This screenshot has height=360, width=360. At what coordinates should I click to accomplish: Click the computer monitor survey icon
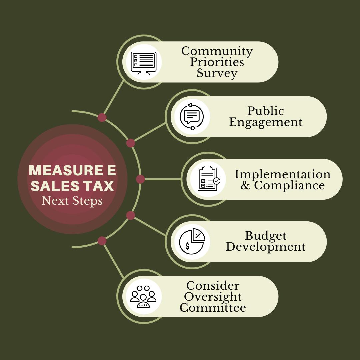pyautogui.click(x=143, y=62)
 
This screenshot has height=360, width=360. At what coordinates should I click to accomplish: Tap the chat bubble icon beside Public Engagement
pyautogui.click(x=191, y=117)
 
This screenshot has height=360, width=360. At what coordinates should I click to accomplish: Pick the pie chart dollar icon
pyautogui.click(x=192, y=242)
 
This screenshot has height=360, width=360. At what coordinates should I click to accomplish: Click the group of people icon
pyautogui.click(x=143, y=296)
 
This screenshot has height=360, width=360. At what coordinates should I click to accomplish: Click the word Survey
pyautogui.click(x=217, y=73)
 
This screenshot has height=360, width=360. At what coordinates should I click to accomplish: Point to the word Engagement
pyautogui.click(x=266, y=122)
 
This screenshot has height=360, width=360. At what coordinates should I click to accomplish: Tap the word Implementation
pyautogui.click(x=282, y=174)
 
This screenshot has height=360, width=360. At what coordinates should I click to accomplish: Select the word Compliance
pyautogui.click(x=289, y=185)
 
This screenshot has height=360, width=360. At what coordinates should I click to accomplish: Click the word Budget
pyautogui.click(x=266, y=236)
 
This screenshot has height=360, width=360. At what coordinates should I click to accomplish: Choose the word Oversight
pyautogui.click(x=213, y=296)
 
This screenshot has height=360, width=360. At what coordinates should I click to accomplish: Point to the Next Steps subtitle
pyautogui.click(x=72, y=201)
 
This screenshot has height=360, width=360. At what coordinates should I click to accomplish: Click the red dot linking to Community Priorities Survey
pyautogui.click(x=102, y=117)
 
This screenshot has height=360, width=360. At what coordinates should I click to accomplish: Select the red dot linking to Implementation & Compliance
pyautogui.click(x=140, y=179)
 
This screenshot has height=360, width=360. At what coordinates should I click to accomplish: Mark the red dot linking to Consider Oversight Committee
pyautogui.click(x=102, y=241)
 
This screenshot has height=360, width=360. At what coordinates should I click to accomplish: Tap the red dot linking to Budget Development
pyautogui.click(x=131, y=215)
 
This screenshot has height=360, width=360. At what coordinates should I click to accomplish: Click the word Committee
pyautogui.click(x=213, y=307)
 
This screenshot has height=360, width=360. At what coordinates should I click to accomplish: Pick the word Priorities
pyautogui.click(x=217, y=62)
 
